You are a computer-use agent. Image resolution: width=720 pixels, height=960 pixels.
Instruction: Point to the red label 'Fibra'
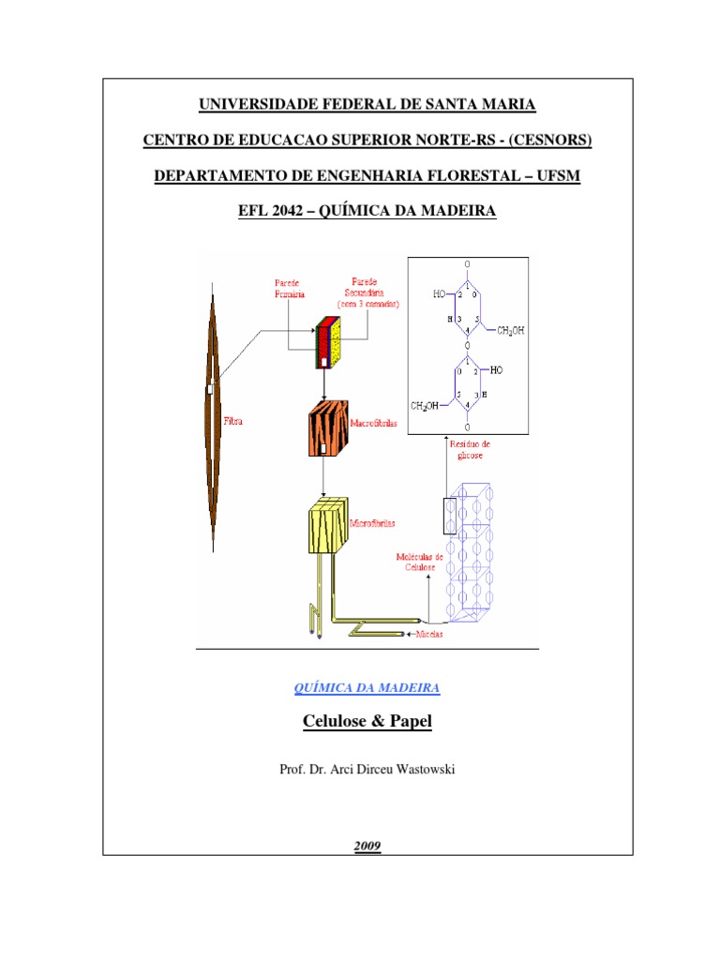(233, 422)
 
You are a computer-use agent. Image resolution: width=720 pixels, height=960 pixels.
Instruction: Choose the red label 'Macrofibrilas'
(374, 424)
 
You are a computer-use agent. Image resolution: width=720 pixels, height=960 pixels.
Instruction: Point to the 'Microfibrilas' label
(374, 524)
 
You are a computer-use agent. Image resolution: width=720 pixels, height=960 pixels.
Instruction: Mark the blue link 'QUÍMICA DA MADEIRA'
(367, 688)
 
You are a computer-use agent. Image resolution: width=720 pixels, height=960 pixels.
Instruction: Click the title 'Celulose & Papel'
(367, 722)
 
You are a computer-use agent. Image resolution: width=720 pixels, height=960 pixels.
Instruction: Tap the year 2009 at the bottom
(367, 847)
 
